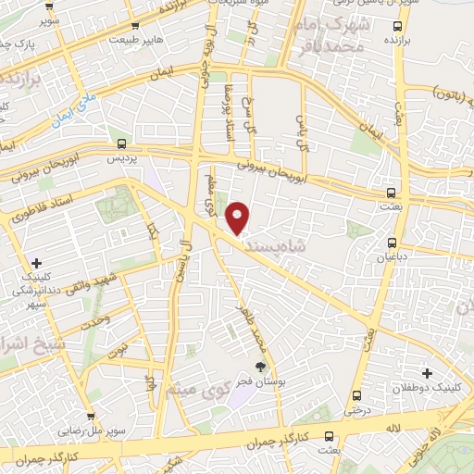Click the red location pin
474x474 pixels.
(240, 218)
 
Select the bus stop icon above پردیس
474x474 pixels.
(121, 143)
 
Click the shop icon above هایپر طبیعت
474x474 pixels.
(135, 26)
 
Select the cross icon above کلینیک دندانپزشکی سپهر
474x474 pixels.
(37, 264)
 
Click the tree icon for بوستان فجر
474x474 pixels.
(259, 367)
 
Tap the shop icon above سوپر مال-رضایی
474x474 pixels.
(92, 418)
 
